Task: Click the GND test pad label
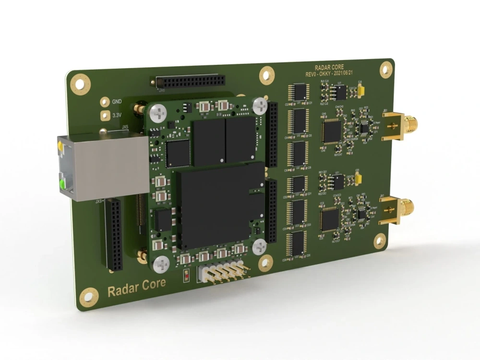tap(117, 102)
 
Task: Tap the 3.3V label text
tap(117, 115)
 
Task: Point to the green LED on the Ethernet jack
tap(62, 184)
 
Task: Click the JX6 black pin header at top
tap(190, 81)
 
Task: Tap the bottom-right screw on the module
tap(259, 247)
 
